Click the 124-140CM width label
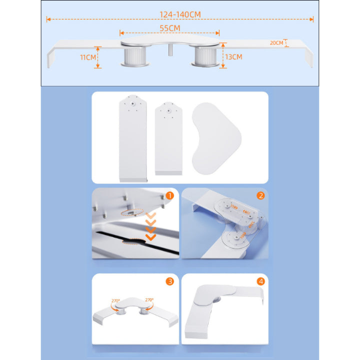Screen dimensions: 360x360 point(180,14)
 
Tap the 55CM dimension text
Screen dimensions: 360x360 point(170,28)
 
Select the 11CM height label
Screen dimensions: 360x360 point(87,57)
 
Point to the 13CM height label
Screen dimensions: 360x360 point(233,56)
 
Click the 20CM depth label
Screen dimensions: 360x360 point(276,43)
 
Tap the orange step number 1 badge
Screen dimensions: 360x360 point(170,195)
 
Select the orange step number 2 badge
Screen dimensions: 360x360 point(260,195)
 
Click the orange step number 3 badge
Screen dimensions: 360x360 point(170,281)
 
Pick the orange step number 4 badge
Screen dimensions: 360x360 point(260,281)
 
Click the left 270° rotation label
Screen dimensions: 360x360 point(115,301)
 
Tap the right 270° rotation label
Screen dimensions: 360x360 point(149,300)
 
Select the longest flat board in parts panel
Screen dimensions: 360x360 point(133,138)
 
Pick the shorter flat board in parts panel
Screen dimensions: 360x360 point(168,138)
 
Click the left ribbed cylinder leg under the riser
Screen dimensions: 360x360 point(135,56)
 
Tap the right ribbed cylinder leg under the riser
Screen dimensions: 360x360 point(205,56)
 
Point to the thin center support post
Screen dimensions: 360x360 point(170,50)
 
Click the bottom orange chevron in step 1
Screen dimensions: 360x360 point(151,237)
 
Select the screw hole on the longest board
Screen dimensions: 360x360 point(132,104)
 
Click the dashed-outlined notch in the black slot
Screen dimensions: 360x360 point(133,241)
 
